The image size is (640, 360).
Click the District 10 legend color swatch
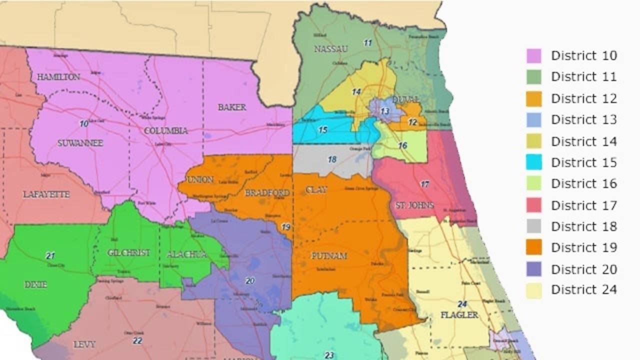pyautogui.click(x=533, y=55)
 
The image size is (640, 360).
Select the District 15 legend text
pyautogui.click(x=583, y=162)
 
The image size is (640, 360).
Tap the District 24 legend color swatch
pyautogui.click(x=533, y=290)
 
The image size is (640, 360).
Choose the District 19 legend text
pyautogui.click(x=583, y=247)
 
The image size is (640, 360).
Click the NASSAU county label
pyautogui.click(x=330, y=48)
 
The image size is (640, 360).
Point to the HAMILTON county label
pyautogui.click(x=58, y=77)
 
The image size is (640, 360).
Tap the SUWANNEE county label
pyautogui.click(x=80, y=143)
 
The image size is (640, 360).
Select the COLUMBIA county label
pyautogui.click(x=165, y=131)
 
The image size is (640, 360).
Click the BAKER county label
pyautogui.click(x=232, y=107)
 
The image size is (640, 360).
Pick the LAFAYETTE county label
pyautogui.click(x=46, y=194)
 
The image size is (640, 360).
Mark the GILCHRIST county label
pyautogui.click(x=128, y=252)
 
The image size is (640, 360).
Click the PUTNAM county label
pyautogui.click(x=329, y=256)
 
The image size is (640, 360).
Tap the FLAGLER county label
pyautogui.click(x=459, y=315)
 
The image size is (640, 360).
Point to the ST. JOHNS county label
pyautogui.click(x=414, y=205)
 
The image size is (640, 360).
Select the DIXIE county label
pyautogui.click(x=35, y=284)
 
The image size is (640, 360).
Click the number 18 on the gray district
pyautogui.click(x=332, y=159)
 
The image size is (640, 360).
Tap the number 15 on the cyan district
pyautogui.click(x=322, y=130)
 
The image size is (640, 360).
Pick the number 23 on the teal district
pyautogui.click(x=328, y=355)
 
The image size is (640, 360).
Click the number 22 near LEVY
pyautogui.click(x=137, y=341)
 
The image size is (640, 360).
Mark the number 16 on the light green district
pyautogui.click(x=402, y=145)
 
